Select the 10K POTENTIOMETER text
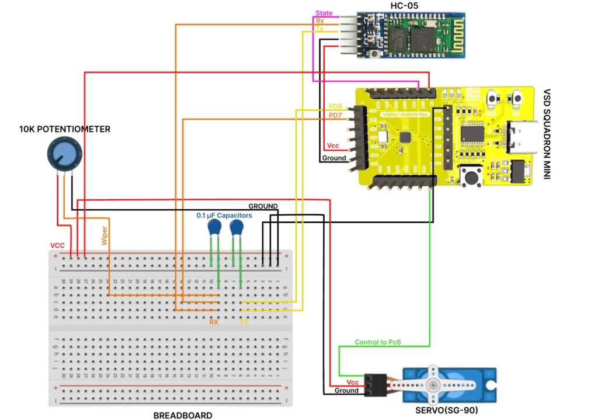click(x=64, y=129)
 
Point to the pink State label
click(x=324, y=13)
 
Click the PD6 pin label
click(x=335, y=106)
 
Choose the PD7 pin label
click(x=335, y=116)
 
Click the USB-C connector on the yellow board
click(x=519, y=137)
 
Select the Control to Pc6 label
click(x=378, y=342)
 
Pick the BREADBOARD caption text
click(x=183, y=415)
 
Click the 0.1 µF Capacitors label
click(x=224, y=216)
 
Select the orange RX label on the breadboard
click(x=214, y=321)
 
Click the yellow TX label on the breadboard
click(x=245, y=321)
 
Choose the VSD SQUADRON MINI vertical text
click(x=547, y=134)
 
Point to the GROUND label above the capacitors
click(x=263, y=206)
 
